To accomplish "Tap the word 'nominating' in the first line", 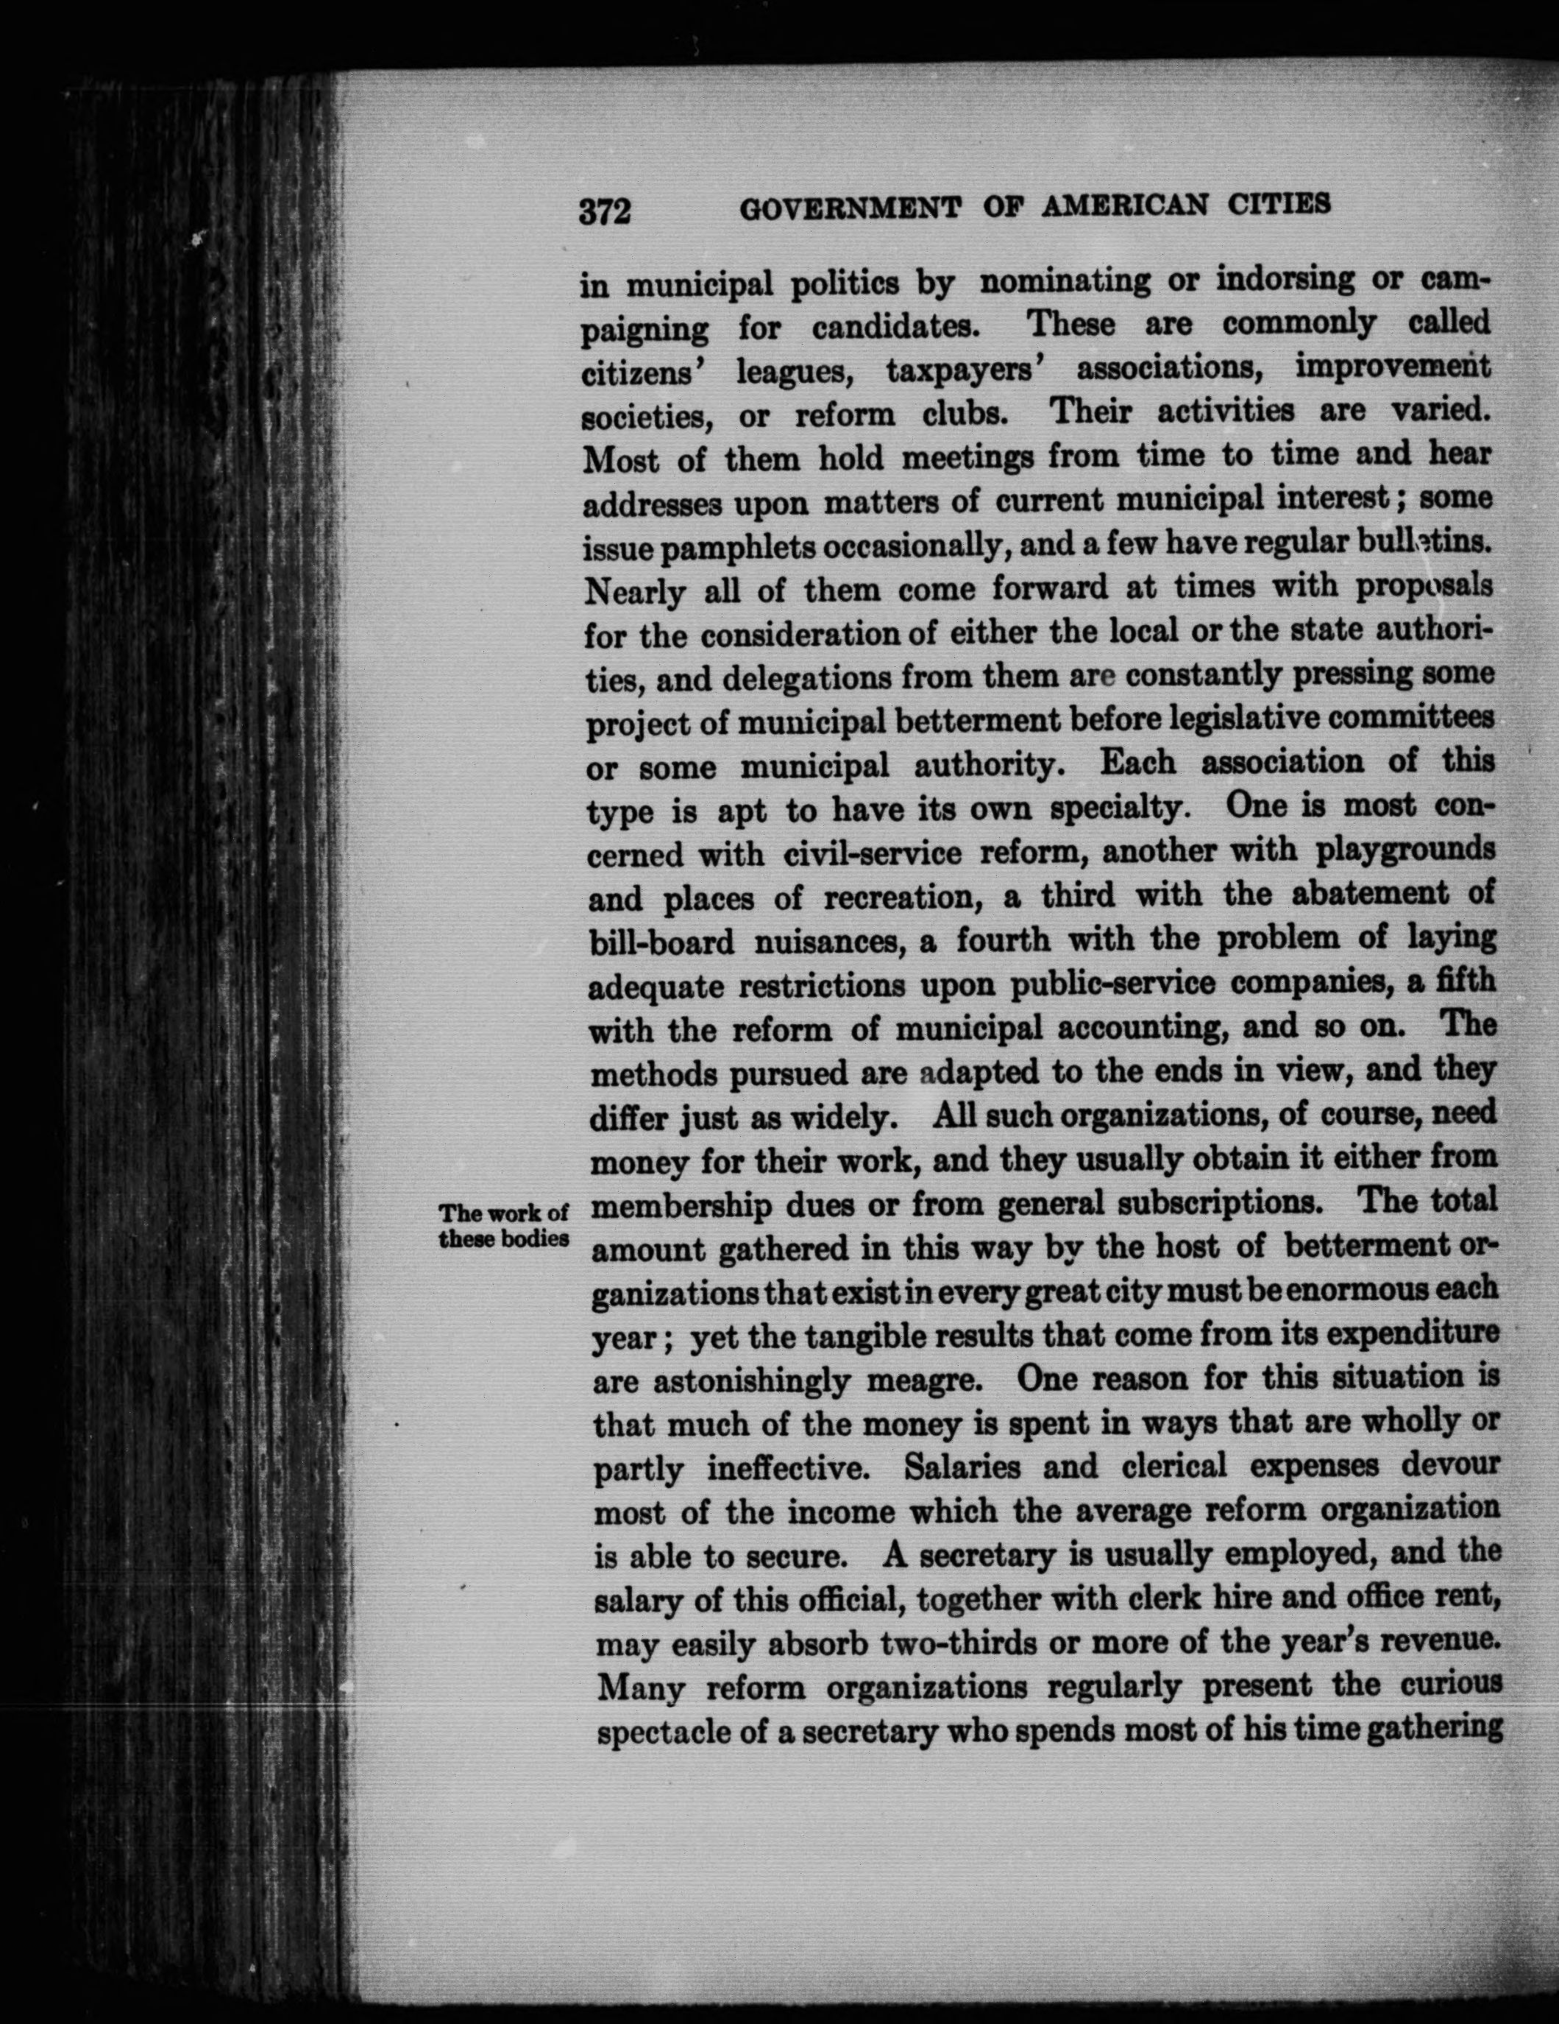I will point(1059,280).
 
